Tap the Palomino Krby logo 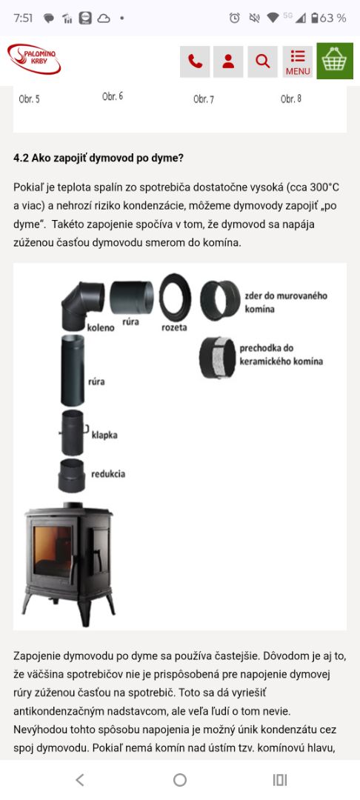33,59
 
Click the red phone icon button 195,61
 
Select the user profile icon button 228,61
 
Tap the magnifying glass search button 263,61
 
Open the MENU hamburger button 298,61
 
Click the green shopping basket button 335,61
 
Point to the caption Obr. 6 113,96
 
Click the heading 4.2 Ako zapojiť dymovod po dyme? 98,159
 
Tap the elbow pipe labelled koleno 82,305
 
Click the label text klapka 104,436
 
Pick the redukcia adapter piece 72,476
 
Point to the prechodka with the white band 218,357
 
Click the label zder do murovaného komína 285,302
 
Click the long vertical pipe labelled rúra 73,370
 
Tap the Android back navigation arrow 79,779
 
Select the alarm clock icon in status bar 235,18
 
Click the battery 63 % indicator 328,18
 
